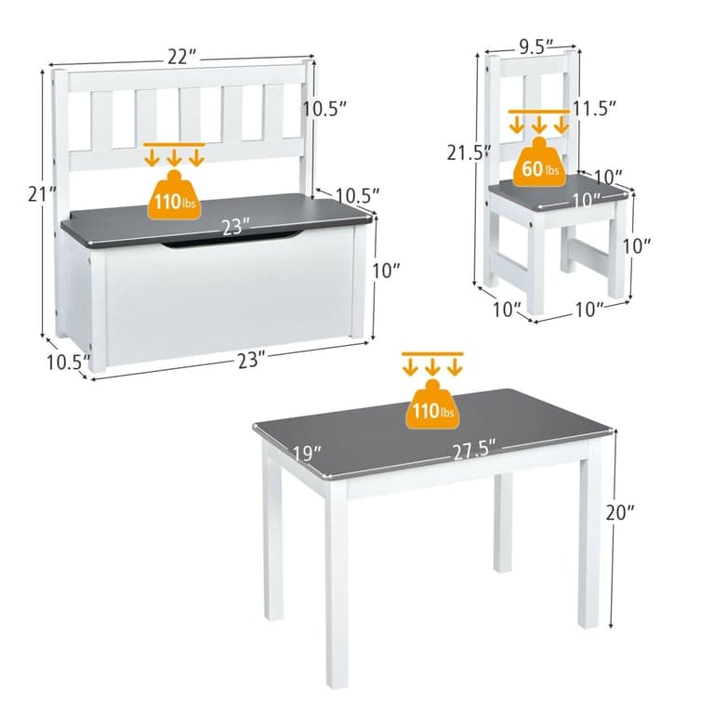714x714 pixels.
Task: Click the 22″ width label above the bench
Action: click(182, 57)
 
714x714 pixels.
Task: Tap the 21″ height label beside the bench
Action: click(42, 194)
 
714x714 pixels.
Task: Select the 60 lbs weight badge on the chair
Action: click(539, 163)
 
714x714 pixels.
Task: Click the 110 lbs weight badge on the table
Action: click(432, 404)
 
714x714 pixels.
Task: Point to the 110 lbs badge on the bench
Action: click(175, 195)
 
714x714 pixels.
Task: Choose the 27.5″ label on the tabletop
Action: click(474, 450)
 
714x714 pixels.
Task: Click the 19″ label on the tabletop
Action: click(307, 453)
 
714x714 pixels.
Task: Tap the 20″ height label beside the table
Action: click(620, 513)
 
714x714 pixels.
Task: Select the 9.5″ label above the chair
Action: click(535, 46)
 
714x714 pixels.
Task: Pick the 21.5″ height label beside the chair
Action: click(469, 152)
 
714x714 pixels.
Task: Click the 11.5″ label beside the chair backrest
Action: click(594, 109)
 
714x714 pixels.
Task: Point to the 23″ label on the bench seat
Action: click(235, 227)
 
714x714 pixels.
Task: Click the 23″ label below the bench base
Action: click(251, 360)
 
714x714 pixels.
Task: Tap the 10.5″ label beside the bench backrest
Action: click(325, 109)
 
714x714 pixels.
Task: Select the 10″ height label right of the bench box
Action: click(386, 271)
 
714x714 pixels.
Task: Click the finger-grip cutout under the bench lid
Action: click(232, 240)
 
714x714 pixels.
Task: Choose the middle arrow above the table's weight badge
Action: click(432, 366)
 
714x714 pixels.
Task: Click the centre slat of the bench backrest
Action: click(190, 113)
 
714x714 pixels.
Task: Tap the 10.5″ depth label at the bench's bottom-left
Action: click(68, 362)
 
